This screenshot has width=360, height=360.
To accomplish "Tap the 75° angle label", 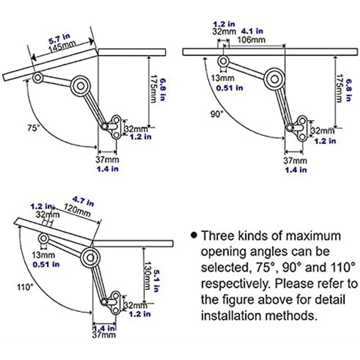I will pos(30,127).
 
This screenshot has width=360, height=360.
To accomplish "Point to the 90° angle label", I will pos(216,114).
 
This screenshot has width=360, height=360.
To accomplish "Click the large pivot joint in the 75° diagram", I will pos(81,84).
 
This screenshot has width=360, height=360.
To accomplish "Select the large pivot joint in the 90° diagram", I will pos(273,78).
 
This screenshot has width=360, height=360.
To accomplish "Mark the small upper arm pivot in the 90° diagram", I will pos(223,60).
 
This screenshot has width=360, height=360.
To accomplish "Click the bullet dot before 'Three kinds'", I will pos(193,235).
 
